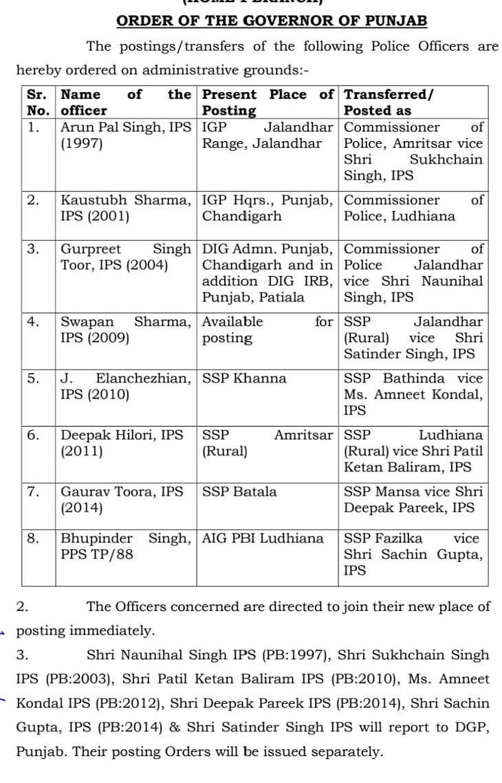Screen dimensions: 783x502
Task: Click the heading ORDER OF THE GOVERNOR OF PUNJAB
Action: (x=272, y=21)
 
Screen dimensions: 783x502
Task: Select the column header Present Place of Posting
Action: (x=268, y=102)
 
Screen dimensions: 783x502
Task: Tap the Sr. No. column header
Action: (x=38, y=102)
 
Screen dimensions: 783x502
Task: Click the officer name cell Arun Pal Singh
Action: (x=126, y=136)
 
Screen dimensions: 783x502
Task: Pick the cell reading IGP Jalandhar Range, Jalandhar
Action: (x=268, y=136)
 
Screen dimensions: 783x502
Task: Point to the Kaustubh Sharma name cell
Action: (x=126, y=208)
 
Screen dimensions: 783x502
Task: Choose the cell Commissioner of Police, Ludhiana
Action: (x=413, y=208)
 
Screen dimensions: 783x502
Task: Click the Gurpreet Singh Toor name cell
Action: (x=126, y=257)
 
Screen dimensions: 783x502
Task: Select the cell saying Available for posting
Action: (x=268, y=330)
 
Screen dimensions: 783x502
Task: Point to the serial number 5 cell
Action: (x=34, y=378)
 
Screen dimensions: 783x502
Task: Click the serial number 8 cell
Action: (x=34, y=539)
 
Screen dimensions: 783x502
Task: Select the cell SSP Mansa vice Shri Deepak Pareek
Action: (x=413, y=500)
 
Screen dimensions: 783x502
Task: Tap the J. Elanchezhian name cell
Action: (x=126, y=387)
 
